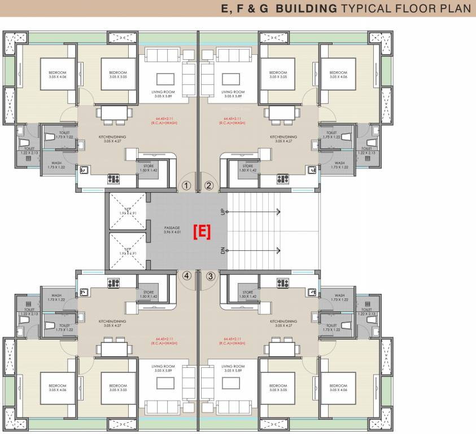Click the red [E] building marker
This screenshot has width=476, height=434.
tap(202, 231)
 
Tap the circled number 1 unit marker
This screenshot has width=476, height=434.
tap(186, 185)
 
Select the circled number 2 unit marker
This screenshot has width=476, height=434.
tap(208, 185)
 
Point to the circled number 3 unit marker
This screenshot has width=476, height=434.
tap(210, 276)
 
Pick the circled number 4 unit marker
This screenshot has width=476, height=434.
tap(186, 276)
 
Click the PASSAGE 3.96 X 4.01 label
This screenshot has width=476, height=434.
tap(172, 230)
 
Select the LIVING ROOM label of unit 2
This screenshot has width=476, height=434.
tap(233, 93)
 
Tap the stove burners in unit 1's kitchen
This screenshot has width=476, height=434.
tap(114, 179)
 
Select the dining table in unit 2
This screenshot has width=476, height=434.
tap(282, 114)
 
